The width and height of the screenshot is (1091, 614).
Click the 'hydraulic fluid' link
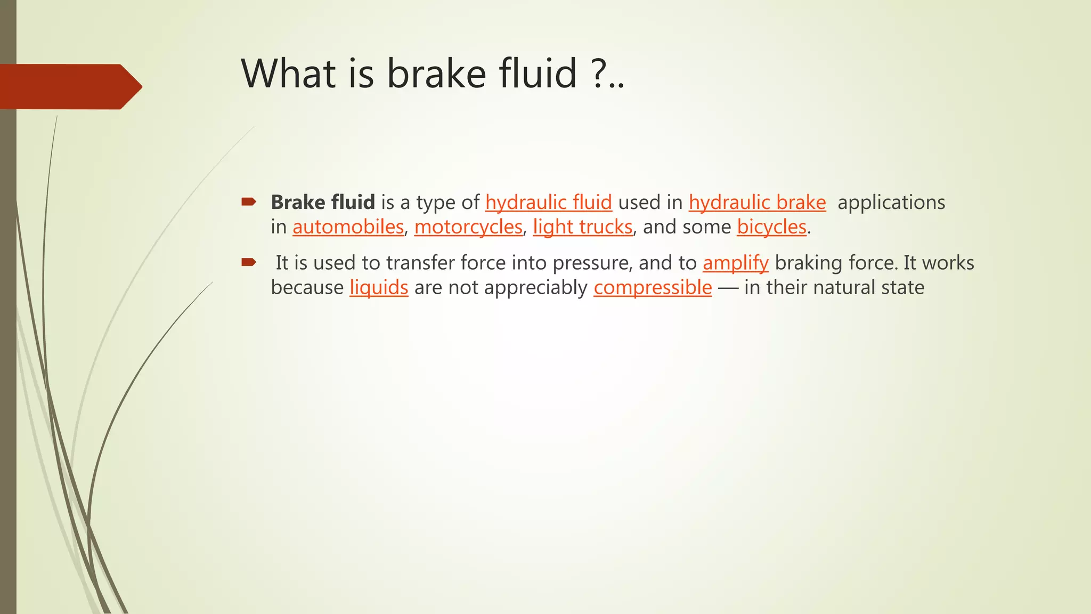click(548, 203)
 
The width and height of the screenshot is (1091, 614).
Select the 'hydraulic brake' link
click(757, 203)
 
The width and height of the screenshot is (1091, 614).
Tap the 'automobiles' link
click(348, 227)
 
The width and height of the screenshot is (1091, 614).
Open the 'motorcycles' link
click(468, 227)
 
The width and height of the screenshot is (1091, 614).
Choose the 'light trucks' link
click(582, 227)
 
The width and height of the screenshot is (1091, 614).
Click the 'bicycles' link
click(771, 227)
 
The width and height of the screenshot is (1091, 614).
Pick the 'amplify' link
click(735, 263)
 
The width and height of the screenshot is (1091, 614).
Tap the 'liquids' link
click(379, 287)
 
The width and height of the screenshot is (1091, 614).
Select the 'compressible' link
click(653, 287)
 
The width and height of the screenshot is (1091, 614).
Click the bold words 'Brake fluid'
click(323, 203)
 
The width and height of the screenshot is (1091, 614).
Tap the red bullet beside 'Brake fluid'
click(249, 201)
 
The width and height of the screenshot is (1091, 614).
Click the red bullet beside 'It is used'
click(249, 262)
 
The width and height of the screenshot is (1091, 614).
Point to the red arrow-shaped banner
click(69, 86)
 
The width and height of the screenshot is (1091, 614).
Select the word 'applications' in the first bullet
click(891, 203)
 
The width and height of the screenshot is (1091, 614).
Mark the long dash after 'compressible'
click(728, 288)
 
